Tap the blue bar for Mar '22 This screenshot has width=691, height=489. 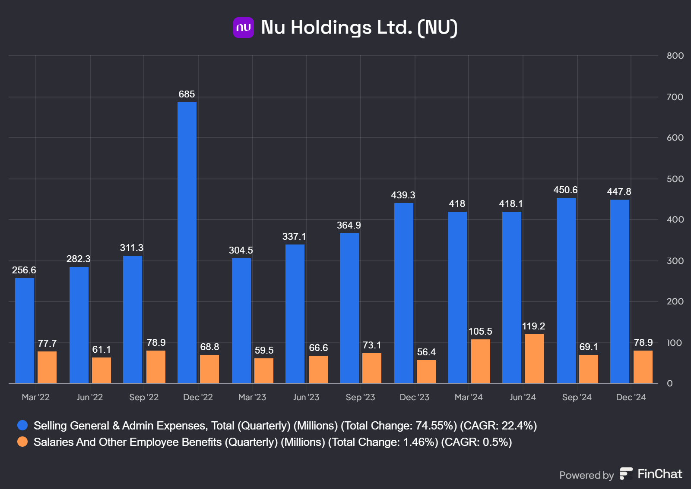pos(25,330)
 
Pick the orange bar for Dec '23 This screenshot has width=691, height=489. pos(426,371)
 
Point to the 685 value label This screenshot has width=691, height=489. pos(187,94)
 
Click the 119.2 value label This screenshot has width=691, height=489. pos(533,326)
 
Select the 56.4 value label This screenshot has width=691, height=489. pos(426,352)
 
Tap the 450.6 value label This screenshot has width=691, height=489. pos(565,190)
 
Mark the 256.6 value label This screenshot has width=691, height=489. pos(24,270)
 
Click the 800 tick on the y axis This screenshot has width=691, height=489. pos(675,56)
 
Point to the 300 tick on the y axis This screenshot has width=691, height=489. pos(675,261)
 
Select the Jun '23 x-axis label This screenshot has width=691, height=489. pos(306,397)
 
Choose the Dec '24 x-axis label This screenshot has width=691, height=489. pos(631,397)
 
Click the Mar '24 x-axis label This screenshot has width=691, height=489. pos(469,397)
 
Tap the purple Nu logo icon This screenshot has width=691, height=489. pos(243,28)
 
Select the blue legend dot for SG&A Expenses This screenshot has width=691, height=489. pos(22,426)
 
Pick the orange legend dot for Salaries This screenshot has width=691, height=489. pos(22,442)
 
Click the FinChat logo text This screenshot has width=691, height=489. pos(659,474)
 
